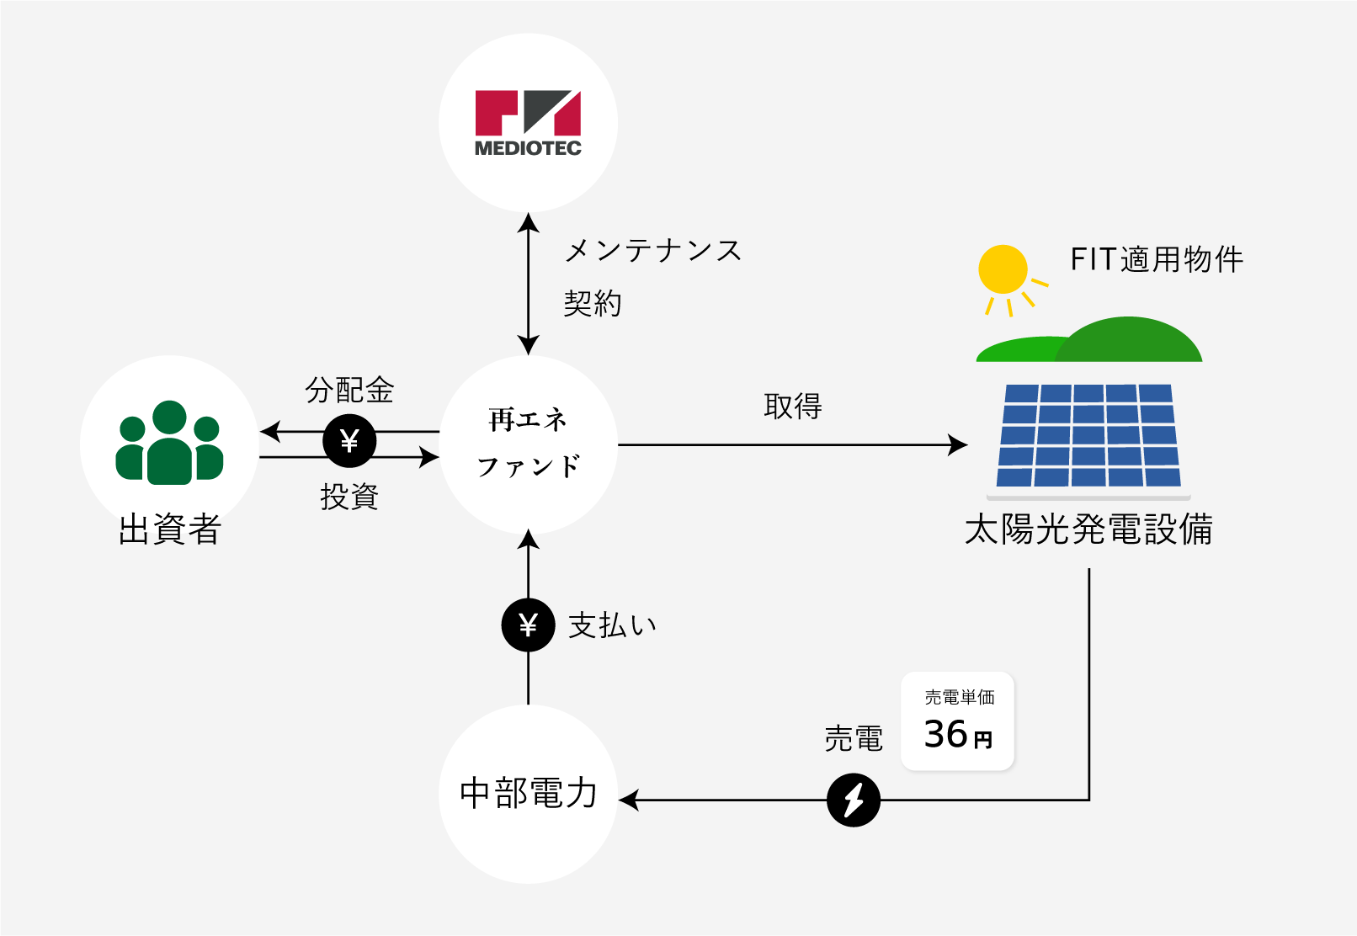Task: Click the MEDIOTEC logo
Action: [x=528, y=124]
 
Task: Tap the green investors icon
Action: [x=170, y=442]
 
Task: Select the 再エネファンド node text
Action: [x=528, y=444]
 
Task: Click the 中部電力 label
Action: [x=529, y=794]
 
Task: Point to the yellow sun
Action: [x=1003, y=269]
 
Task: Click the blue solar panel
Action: [x=1088, y=436]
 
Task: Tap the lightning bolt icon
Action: [x=854, y=800]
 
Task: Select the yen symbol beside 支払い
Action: [x=529, y=625]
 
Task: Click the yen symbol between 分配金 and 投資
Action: [x=349, y=440]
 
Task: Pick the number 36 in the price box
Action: [x=945, y=734]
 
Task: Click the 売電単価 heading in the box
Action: [x=960, y=697]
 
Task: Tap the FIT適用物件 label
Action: [x=1157, y=259]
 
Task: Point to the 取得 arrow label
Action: [x=793, y=406]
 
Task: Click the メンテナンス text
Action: [x=653, y=251]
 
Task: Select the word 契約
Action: [x=593, y=303]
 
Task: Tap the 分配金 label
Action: [x=349, y=390]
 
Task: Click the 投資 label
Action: [x=349, y=497]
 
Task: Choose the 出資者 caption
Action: [x=170, y=529]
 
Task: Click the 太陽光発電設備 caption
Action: [x=1088, y=529]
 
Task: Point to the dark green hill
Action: [x=1128, y=340]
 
